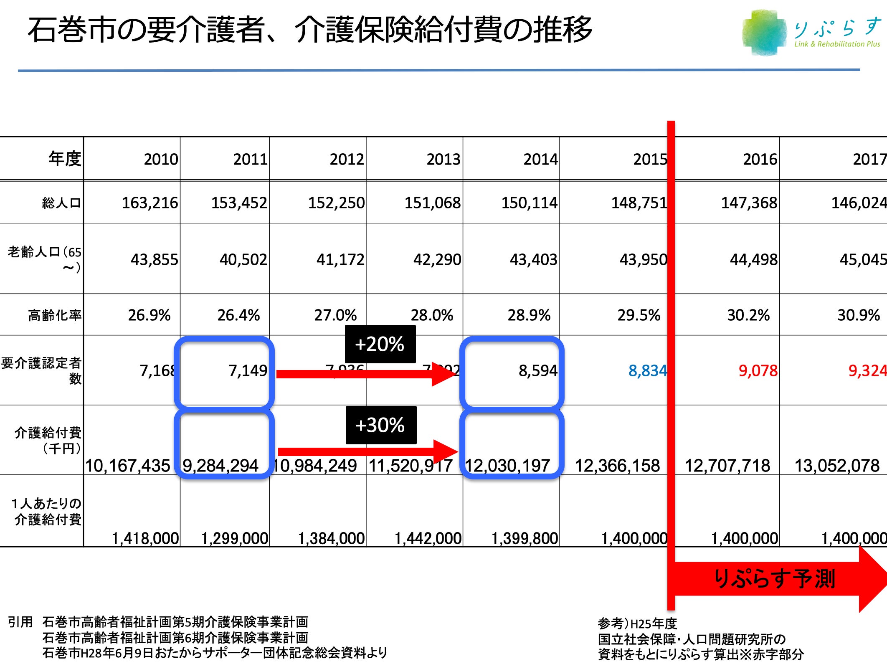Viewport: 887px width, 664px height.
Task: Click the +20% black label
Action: click(x=380, y=344)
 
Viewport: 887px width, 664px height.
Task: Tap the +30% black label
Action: click(x=381, y=425)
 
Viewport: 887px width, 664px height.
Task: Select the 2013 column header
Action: click(x=443, y=159)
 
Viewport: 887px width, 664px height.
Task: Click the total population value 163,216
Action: click(x=150, y=203)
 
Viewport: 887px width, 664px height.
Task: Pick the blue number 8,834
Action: click(x=647, y=370)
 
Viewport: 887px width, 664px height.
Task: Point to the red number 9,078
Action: click(x=758, y=370)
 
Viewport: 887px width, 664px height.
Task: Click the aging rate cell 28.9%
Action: click(x=529, y=315)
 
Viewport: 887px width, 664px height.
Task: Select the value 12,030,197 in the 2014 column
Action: click(x=507, y=465)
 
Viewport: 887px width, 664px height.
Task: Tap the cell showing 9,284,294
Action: click(x=220, y=465)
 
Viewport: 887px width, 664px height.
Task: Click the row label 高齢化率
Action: click(x=55, y=315)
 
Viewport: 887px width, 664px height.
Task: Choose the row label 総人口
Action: click(x=61, y=203)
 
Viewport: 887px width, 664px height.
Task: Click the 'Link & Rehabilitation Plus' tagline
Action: click(x=836, y=44)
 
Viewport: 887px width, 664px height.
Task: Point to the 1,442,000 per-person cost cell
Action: click(x=428, y=538)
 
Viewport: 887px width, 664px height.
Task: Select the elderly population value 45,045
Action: click(x=863, y=260)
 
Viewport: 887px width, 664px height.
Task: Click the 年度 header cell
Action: click(x=64, y=159)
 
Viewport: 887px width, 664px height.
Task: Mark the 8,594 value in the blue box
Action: click(x=537, y=370)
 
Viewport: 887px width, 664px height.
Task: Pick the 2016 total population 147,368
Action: click(x=749, y=203)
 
